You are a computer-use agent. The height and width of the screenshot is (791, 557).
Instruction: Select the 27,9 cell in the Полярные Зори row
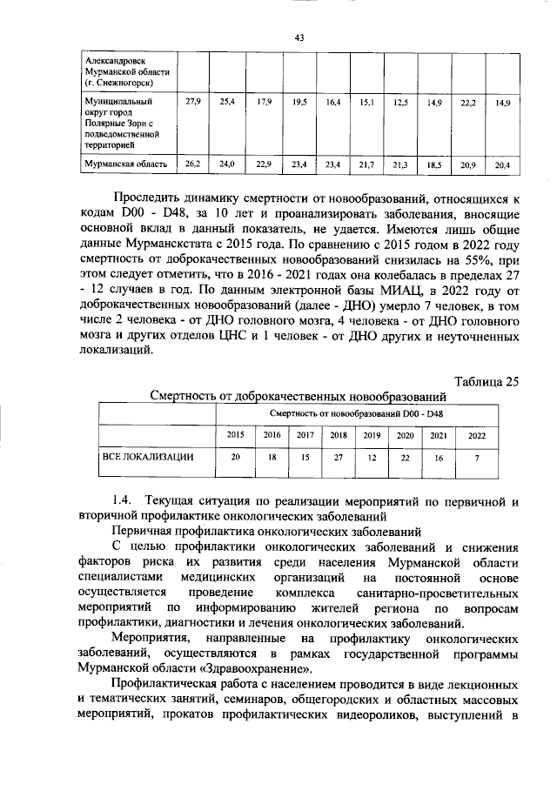(194, 103)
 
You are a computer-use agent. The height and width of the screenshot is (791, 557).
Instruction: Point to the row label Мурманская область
(125, 164)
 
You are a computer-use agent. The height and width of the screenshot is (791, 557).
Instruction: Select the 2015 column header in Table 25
(235, 434)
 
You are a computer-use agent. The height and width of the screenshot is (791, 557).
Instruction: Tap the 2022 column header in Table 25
(477, 434)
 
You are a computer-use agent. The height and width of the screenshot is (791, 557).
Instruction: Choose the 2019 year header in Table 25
(372, 434)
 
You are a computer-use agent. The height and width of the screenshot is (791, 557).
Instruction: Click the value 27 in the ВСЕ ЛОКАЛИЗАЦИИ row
(339, 457)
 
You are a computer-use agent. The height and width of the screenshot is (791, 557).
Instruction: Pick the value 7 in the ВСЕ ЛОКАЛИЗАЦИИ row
(477, 457)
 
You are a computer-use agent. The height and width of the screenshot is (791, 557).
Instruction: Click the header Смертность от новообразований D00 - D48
(361, 412)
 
